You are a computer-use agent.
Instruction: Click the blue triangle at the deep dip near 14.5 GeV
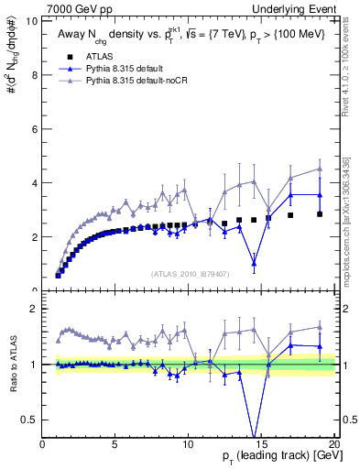[254, 263]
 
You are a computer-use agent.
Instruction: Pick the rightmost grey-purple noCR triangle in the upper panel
[319, 169]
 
